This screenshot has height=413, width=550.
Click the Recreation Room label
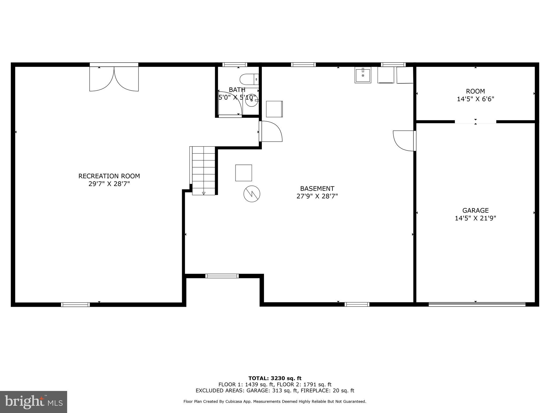[x=109, y=176]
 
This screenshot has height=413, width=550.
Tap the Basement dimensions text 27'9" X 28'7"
[x=317, y=196]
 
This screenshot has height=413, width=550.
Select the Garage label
[x=475, y=211]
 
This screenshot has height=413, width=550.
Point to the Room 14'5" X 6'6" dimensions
[x=475, y=99]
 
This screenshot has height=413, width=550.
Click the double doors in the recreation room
[x=114, y=78]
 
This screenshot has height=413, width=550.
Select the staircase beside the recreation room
[x=204, y=170]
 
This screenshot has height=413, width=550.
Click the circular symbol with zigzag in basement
[x=252, y=194]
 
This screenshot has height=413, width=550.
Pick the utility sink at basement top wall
[x=363, y=75]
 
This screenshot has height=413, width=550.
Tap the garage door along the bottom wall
[x=477, y=304]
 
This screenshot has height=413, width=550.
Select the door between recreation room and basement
[x=271, y=131]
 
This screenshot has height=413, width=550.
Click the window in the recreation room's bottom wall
[x=75, y=305]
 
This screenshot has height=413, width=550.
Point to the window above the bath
[x=235, y=65]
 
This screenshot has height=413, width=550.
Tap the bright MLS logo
[x=33, y=402]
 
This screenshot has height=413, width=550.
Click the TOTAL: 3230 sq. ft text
[x=275, y=378]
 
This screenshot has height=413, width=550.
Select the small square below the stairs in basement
[x=244, y=173]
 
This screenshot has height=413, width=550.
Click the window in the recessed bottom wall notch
[x=222, y=276]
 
